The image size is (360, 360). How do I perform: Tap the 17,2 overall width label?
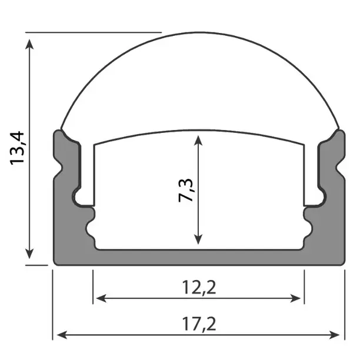coord(198,324)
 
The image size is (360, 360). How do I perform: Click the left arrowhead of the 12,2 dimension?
coord(98,298)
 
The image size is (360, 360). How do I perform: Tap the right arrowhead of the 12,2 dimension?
coord(299,298)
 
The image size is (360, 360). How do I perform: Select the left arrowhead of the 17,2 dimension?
coord(59,335)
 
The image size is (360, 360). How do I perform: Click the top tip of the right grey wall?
coord(338,132)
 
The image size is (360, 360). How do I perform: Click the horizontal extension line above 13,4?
coord(94,32)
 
